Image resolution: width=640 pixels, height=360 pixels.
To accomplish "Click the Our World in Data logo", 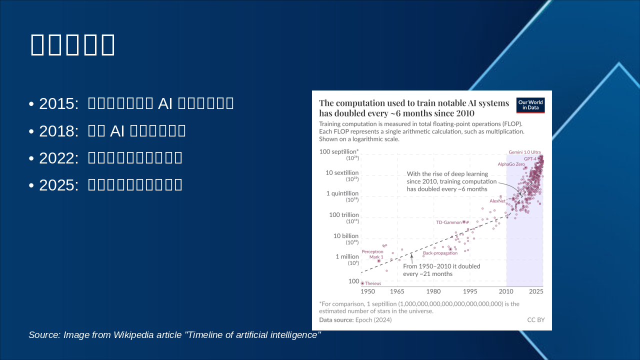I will tap(530, 105).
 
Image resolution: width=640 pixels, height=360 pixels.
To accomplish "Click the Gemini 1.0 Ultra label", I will tap(524, 152).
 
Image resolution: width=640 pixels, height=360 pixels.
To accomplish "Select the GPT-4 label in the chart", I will tap(530, 158).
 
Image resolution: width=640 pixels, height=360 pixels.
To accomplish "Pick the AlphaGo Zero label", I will tap(510, 164).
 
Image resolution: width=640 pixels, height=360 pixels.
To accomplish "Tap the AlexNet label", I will tap(497, 201).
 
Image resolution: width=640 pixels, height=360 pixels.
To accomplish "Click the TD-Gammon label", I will tap(448, 222).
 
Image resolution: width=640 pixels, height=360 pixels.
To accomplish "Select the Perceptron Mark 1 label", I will tap(372, 254).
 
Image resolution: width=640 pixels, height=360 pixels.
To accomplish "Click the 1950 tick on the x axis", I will tap(367, 291).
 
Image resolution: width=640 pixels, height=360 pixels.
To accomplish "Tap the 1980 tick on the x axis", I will tap(433, 291).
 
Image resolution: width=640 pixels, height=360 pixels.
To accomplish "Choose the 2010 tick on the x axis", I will tap(506, 291).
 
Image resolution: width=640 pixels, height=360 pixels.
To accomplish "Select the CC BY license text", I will tap(535, 319).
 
